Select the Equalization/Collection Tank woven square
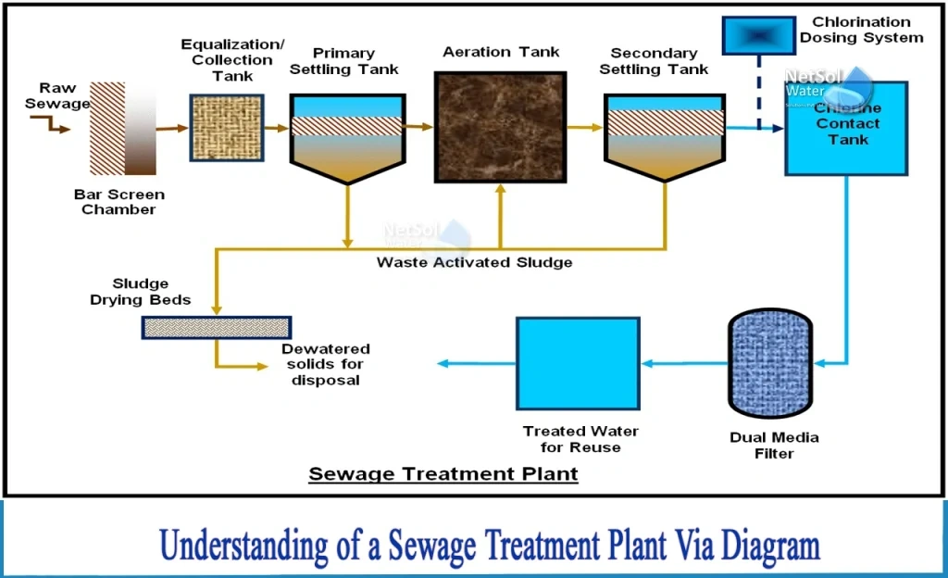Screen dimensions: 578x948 [x=225, y=128]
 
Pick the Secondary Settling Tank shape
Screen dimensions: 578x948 [x=664, y=134]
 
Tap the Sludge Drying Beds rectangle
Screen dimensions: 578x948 [x=216, y=326]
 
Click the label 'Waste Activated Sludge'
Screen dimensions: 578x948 [x=474, y=263]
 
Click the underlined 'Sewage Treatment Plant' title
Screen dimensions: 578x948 [x=443, y=474]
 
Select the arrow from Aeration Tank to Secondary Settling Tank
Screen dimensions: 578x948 [x=583, y=128]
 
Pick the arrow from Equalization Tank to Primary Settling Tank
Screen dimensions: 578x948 [x=275, y=128]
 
